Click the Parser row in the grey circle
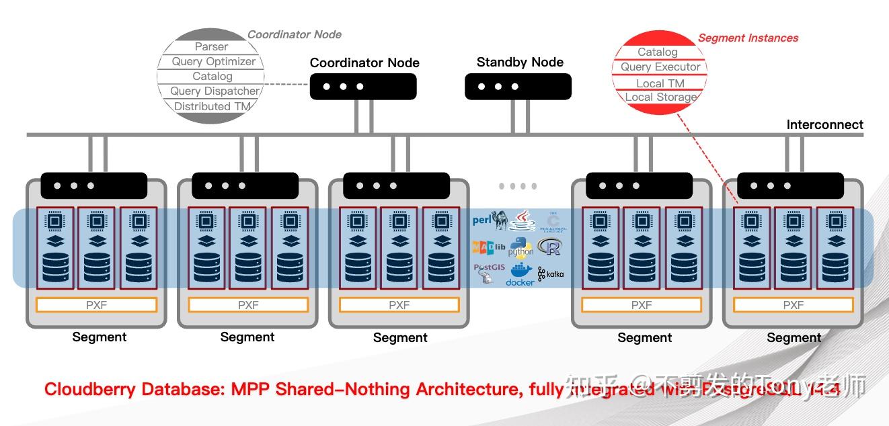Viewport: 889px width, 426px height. point(211,46)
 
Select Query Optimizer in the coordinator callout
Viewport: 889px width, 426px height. point(213,61)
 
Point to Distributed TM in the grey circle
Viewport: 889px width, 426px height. point(212,106)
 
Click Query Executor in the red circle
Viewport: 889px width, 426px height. point(660,67)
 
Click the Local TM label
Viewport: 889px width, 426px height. point(660,83)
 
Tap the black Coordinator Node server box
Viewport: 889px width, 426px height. point(363,87)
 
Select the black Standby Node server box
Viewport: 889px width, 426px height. point(518,87)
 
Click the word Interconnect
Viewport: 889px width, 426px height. point(824,124)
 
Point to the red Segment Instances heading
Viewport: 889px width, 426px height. point(748,38)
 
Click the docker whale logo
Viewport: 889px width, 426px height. point(519,274)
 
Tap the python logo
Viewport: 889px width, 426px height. point(520,248)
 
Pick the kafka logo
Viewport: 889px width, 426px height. point(551,273)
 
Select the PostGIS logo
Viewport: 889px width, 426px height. point(488,272)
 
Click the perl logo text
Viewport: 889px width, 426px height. point(482,219)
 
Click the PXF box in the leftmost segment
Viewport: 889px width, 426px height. point(96,305)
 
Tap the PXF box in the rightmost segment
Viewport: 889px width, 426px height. point(793,305)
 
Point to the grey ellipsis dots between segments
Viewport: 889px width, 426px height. point(518,186)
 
